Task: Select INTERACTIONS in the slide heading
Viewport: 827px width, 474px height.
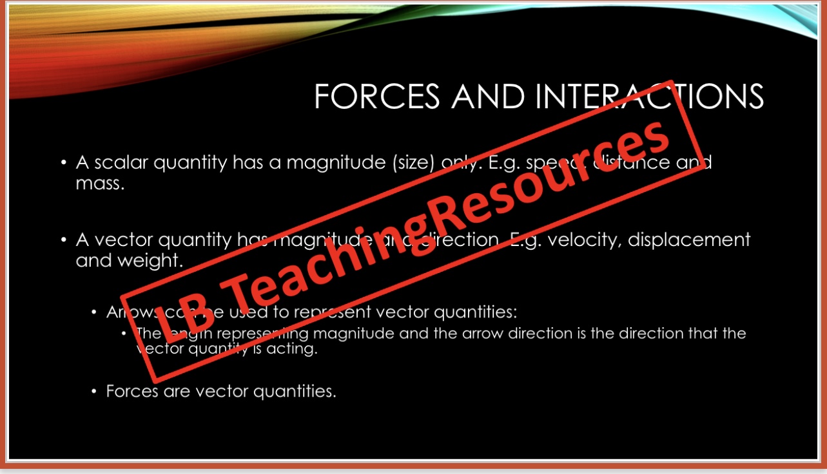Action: pyautogui.click(x=649, y=97)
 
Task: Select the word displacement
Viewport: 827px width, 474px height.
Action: pyautogui.click(x=689, y=240)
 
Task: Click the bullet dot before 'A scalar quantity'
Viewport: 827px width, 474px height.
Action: pyautogui.click(x=64, y=163)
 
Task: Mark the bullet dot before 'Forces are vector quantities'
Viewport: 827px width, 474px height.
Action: pyautogui.click(x=94, y=391)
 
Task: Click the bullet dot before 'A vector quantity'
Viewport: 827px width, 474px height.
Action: pyautogui.click(x=64, y=240)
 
